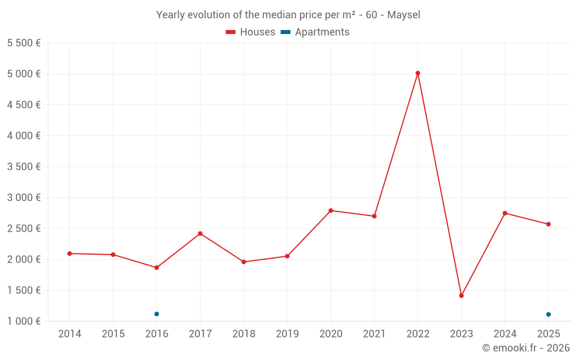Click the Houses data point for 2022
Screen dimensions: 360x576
pyautogui.click(x=418, y=73)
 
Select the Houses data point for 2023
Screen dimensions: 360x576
pyautogui.click(x=461, y=295)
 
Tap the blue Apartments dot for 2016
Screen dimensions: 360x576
pyautogui.click(x=157, y=314)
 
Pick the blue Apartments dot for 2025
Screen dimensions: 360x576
pyautogui.click(x=548, y=314)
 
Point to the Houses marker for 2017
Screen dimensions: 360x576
pyautogui.click(x=200, y=233)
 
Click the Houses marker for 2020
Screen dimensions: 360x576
pyautogui.click(x=331, y=211)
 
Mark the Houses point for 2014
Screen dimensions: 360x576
pyautogui.click(x=70, y=253)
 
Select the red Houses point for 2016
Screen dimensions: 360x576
pyautogui.click(x=157, y=267)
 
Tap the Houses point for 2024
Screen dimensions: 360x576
pyautogui.click(x=505, y=213)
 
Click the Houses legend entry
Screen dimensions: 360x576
pyautogui.click(x=251, y=32)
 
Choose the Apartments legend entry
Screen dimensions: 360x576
pyautogui.click(x=316, y=32)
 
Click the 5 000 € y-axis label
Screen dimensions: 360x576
pyautogui.click(x=24, y=74)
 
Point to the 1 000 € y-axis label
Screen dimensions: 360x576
pyautogui.click(x=24, y=321)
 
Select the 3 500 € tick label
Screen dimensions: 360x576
pyautogui.click(x=24, y=166)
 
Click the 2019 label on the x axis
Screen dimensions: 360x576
pyautogui.click(x=287, y=334)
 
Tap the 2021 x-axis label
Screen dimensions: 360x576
pyautogui.click(x=374, y=334)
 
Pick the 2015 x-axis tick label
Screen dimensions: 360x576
pyautogui.click(x=113, y=334)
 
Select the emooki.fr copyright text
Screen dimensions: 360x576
pyautogui.click(x=525, y=348)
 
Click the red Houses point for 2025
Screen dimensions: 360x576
pyautogui.click(x=548, y=224)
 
